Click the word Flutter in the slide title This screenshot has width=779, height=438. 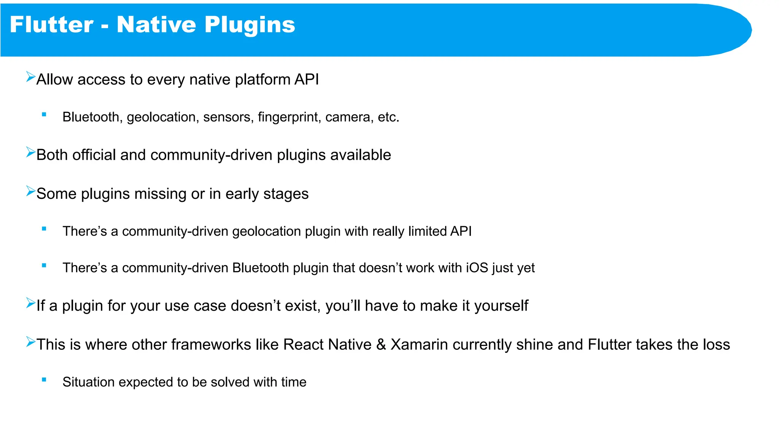coord(51,25)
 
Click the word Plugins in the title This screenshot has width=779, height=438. coord(250,25)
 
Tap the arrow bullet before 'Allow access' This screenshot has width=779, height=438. coord(30,77)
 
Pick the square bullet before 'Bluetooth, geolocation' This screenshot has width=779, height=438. coord(44,114)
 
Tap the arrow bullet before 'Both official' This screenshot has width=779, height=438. coord(30,152)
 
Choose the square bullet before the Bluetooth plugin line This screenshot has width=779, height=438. coord(44,265)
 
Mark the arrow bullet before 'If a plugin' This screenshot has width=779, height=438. coord(30,303)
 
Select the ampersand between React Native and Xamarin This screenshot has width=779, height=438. coord(381,344)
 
